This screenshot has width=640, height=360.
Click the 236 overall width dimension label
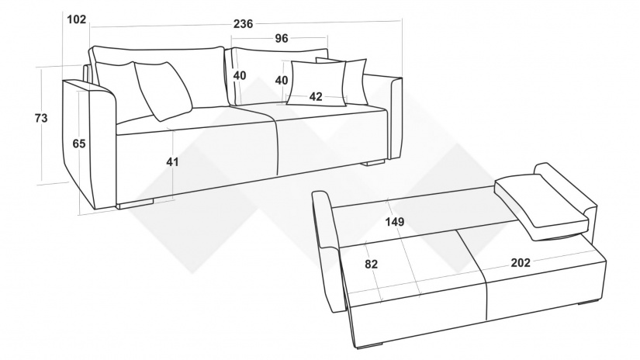[244, 24]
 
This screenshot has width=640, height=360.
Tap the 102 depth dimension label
[76, 19]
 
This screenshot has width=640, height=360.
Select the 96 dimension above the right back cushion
[282, 38]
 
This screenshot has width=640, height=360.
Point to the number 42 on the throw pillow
[316, 97]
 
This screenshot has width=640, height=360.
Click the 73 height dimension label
[41, 118]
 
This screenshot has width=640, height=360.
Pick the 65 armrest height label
[79, 144]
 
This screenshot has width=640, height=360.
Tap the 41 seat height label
[172, 162]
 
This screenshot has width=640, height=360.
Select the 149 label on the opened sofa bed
[395, 222]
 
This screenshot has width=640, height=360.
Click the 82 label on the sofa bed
[371, 264]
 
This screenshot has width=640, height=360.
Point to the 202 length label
[521, 263]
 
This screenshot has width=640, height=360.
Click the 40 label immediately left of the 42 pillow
[282, 81]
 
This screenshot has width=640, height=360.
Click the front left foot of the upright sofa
[136, 203]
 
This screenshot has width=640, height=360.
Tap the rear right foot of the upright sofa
[373, 162]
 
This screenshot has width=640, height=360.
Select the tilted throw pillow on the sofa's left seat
[163, 91]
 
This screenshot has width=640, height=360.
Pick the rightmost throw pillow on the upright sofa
[355, 81]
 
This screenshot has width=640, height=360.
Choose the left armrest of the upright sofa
[90, 143]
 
